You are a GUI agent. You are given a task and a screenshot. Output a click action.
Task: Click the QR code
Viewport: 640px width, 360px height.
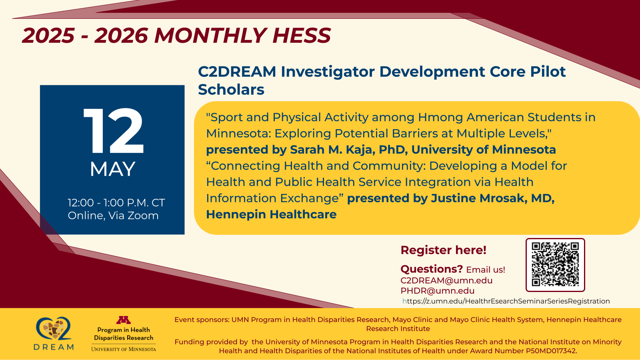point(555,265)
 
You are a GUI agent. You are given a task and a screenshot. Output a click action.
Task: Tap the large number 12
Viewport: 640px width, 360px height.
point(113,131)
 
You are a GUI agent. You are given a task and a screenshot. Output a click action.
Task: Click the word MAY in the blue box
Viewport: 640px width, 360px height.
point(112,169)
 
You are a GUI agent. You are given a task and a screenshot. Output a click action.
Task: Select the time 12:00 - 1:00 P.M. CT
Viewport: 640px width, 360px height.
point(116,203)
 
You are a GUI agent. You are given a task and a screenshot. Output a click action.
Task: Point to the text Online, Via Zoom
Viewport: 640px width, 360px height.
point(113,216)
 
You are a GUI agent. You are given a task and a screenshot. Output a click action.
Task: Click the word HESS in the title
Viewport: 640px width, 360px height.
point(302,36)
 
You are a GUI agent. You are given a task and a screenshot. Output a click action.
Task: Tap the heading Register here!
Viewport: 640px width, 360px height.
point(443,250)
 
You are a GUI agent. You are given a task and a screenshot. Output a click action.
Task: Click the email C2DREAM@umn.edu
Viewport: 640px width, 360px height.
point(446,280)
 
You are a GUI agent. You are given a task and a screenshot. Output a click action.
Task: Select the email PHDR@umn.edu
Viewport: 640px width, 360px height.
point(437,291)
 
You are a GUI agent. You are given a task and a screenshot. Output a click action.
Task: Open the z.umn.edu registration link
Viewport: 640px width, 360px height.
point(506,301)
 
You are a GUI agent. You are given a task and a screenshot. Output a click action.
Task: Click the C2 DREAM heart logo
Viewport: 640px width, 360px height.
point(54,329)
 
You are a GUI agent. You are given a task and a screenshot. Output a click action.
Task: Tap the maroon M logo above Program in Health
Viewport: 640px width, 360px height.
point(124,320)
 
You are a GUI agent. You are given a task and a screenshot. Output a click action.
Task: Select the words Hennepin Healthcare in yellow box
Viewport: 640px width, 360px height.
point(271,214)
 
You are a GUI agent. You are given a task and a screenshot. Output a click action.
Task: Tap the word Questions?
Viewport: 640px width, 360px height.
point(431,269)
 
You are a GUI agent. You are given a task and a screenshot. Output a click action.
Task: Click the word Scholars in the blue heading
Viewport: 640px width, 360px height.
point(231,90)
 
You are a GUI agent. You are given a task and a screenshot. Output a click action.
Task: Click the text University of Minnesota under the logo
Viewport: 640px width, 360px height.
point(124,349)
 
